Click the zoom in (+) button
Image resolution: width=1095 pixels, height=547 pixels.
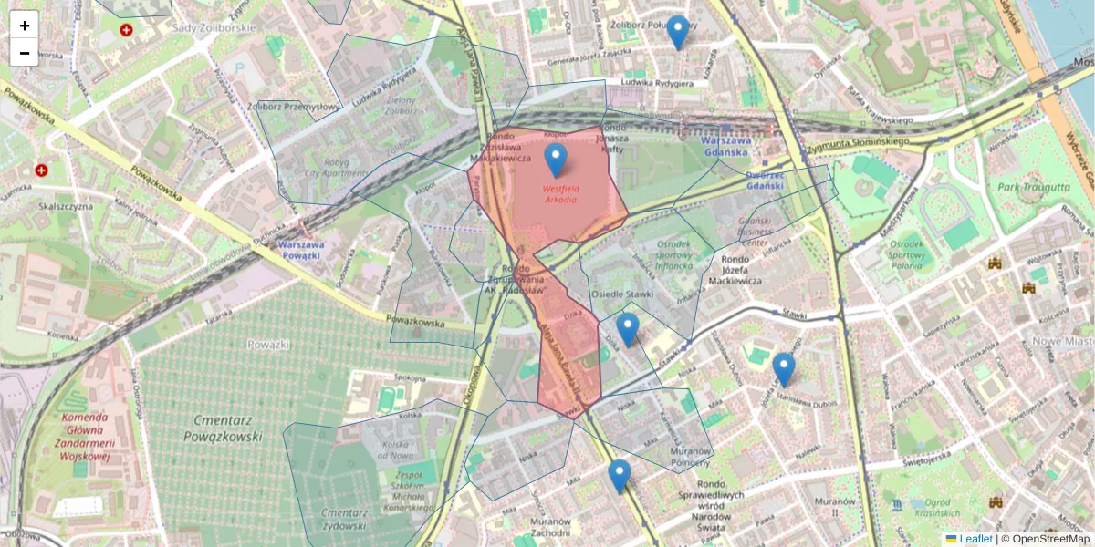25,26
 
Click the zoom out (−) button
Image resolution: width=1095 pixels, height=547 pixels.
25,53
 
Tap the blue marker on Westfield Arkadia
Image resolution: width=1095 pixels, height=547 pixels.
556,160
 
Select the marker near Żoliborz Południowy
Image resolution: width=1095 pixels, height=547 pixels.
677,32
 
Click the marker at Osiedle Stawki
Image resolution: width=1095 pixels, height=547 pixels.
627,329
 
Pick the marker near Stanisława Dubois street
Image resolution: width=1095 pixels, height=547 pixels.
784,369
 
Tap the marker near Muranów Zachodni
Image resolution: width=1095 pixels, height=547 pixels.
620,476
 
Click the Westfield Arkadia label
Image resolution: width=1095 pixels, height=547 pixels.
560,193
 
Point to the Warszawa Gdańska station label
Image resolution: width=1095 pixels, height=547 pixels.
725,146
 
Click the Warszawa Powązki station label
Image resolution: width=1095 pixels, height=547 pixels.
299,250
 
